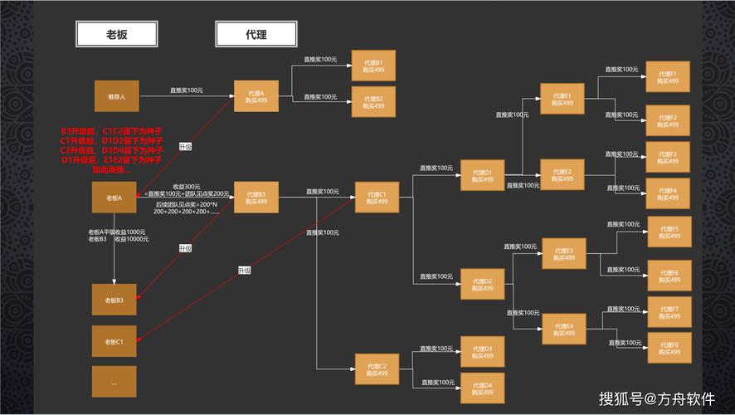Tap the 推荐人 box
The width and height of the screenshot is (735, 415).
[116, 97]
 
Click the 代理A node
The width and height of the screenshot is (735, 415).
[256, 96]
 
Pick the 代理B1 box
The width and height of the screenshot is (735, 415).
[373, 67]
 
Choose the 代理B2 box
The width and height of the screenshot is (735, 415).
[373, 101]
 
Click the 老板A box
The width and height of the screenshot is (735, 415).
[114, 198]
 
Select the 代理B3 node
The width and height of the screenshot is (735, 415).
[256, 198]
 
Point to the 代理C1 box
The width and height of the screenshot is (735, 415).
[377, 198]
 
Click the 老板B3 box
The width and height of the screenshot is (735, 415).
[114, 300]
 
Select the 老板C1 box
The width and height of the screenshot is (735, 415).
[114, 341]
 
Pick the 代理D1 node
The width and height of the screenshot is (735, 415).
[482, 176]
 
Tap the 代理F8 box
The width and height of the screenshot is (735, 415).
[669, 347]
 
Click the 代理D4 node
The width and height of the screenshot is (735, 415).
[482, 388]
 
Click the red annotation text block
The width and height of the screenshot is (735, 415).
[111, 150]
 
